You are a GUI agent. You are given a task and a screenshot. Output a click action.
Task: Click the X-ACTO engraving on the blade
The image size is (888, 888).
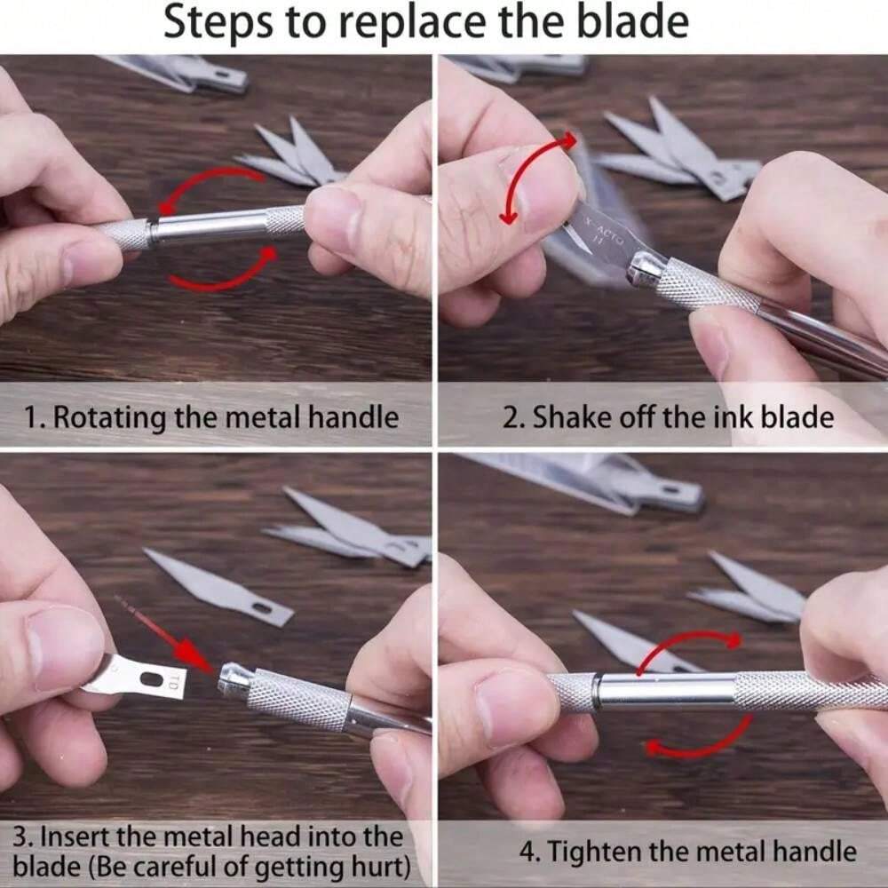click(x=604, y=231)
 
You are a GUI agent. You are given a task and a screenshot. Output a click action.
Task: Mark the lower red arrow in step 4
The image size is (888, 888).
click(x=702, y=743)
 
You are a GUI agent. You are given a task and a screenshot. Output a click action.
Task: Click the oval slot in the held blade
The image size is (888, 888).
click(x=151, y=678)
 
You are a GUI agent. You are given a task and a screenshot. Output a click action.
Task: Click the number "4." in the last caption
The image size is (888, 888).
click(x=530, y=852)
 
